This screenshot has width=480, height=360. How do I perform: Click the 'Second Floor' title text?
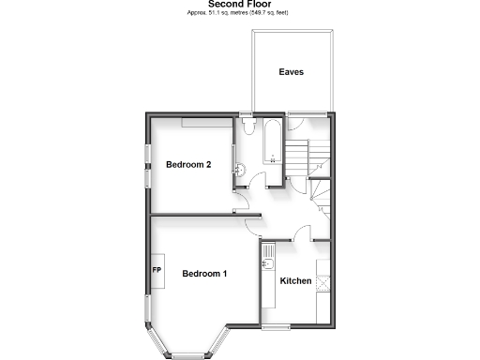240,4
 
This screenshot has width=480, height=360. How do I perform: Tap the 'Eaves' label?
291,71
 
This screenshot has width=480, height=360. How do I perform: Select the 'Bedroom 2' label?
188,165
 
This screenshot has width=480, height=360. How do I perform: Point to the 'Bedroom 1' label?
204,274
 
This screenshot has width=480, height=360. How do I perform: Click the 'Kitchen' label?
295,281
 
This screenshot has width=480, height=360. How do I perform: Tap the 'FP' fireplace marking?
157,272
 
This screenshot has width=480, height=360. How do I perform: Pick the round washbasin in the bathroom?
240,170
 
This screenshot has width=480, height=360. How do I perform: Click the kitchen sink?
268,252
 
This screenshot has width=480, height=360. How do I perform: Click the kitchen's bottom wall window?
277,327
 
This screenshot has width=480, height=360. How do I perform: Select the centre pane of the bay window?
185,353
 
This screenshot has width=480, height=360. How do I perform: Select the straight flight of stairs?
298,160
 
